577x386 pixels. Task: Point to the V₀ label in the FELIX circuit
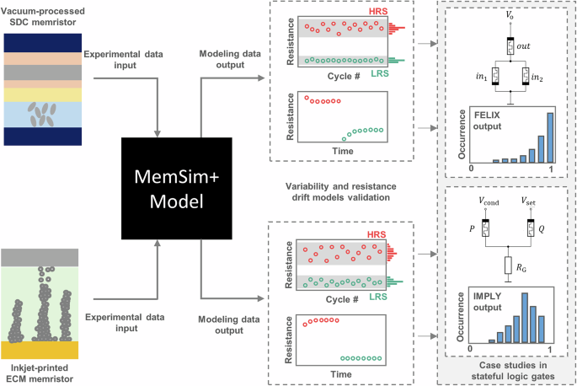[x=509, y=15]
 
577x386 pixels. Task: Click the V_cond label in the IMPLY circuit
[x=487, y=202]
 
